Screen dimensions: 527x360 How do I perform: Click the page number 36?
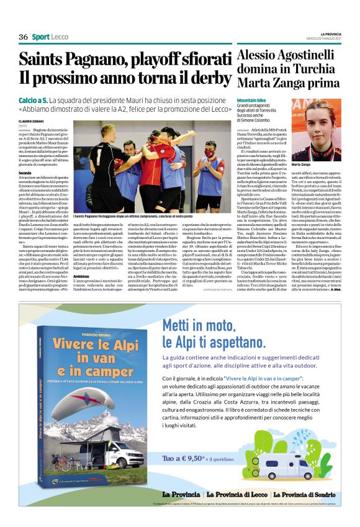[x=24, y=37]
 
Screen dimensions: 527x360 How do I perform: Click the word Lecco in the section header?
[x=60, y=37]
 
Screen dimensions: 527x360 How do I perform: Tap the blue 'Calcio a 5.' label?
[x=33, y=100]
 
